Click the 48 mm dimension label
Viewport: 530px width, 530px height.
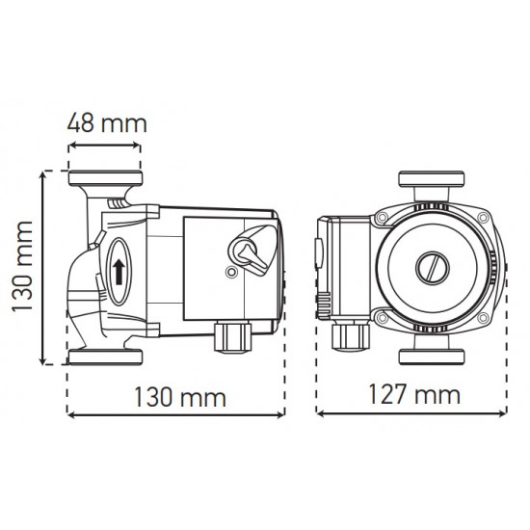pyautogui.click(x=107, y=123)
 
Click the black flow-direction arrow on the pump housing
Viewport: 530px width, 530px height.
pyautogui.click(x=118, y=270)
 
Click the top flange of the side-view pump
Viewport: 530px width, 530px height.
pyautogui.click(x=106, y=181)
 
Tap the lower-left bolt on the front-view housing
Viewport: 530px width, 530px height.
pyautogui.click(x=384, y=317)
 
